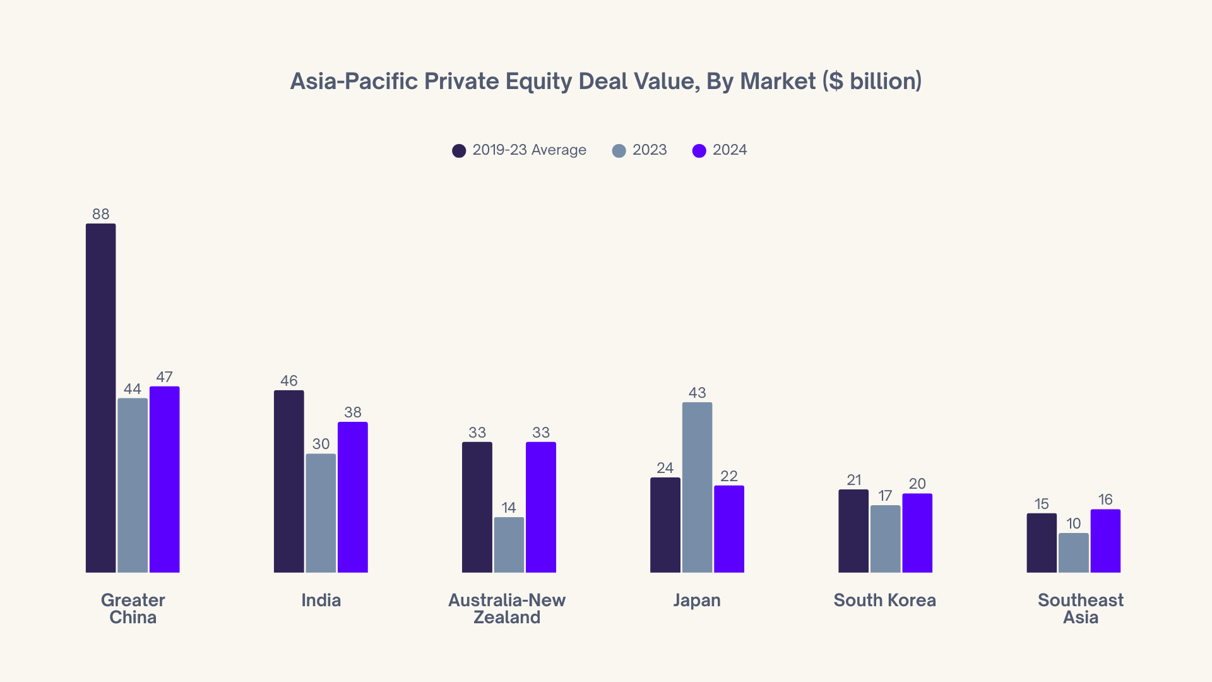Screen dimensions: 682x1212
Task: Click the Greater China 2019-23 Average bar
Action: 100,398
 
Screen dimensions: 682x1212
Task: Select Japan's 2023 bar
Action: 697,488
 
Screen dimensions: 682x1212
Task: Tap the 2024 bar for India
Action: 352,497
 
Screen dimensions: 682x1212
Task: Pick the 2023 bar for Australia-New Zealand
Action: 509,545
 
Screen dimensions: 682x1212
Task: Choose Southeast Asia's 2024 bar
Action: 1105,541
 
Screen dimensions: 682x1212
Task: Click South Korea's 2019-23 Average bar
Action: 853,531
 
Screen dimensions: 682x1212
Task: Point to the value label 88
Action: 100,214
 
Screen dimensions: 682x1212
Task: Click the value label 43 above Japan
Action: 697,393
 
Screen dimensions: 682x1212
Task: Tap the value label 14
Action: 509,508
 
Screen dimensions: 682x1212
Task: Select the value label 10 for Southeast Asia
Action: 1073,523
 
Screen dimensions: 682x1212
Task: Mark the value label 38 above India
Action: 352,412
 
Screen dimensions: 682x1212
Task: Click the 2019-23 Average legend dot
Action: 459,150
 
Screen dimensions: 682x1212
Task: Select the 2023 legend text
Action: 650,150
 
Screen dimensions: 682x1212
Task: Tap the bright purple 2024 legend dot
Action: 699,150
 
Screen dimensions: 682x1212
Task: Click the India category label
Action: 321,600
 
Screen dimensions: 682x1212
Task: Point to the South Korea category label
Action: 884,600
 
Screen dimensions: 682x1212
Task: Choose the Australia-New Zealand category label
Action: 507,608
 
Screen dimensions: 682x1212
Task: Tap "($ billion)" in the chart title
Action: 872,81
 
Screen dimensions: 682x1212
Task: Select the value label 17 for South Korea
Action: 885,496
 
